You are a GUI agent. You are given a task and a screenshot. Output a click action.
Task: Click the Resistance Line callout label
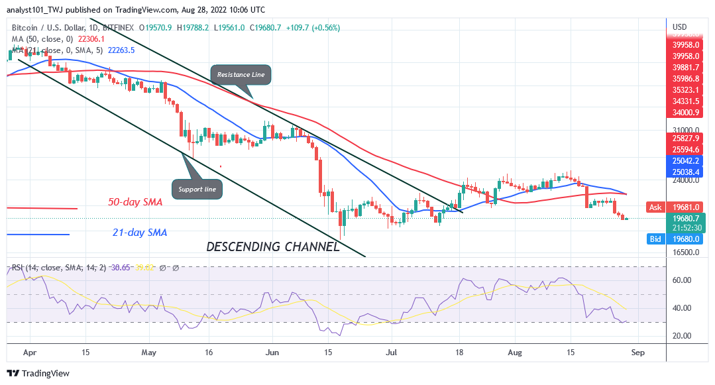(241, 75)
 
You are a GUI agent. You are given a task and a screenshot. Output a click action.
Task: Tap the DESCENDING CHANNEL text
(273, 247)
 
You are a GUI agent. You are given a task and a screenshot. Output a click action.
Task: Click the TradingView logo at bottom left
(38, 374)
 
